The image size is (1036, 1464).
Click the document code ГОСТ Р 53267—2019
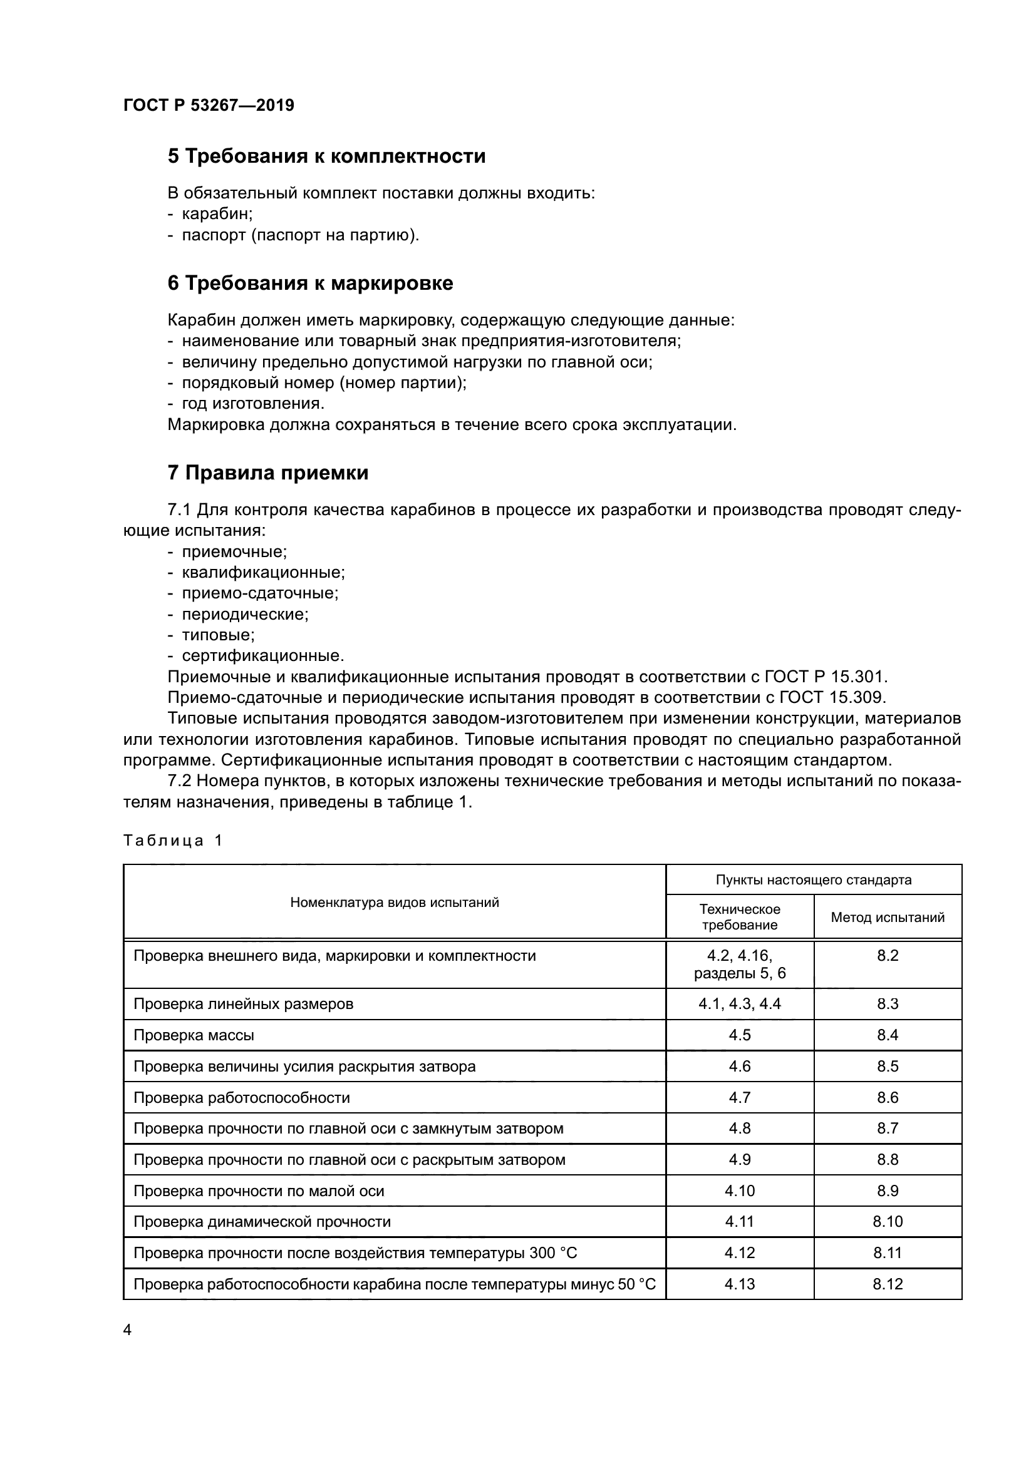[x=209, y=106]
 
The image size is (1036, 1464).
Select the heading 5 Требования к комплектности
[x=326, y=156]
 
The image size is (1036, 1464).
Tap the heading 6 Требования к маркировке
[x=310, y=283]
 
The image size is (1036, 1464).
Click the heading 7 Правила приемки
[x=268, y=473]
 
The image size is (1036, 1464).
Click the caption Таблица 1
[x=173, y=841]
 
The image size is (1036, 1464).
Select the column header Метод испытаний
[x=888, y=918]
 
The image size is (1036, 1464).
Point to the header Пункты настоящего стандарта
[x=814, y=880]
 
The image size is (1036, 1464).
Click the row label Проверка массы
[x=194, y=1035]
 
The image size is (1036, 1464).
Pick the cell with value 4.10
[x=739, y=1191]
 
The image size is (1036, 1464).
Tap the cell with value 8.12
[x=888, y=1284]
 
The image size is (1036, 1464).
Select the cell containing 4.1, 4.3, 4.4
[x=739, y=1003]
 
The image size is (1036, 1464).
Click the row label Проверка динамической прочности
[x=262, y=1222]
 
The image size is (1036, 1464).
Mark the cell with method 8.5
[x=888, y=1066]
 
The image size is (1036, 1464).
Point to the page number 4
[x=128, y=1330]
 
